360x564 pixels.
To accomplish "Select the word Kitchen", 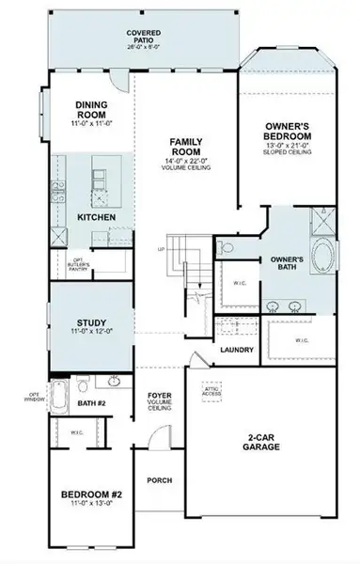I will (96, 218).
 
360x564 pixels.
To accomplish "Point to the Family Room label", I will (188, 148).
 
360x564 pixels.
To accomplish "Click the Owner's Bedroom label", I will (288, 129).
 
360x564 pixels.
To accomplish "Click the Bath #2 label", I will (92, 404).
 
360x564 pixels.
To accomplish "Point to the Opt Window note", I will (34, 398).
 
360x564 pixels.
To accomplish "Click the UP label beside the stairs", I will (161, 250).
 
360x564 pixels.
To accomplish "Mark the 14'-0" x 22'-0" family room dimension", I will (188, 162).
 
